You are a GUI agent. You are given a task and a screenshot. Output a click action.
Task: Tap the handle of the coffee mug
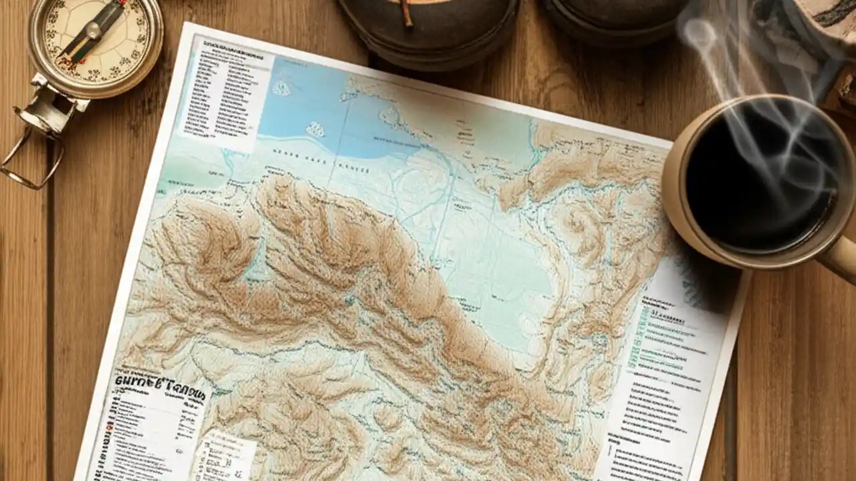[839, 257]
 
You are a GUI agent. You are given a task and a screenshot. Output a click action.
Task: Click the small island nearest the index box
[282, 88]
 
